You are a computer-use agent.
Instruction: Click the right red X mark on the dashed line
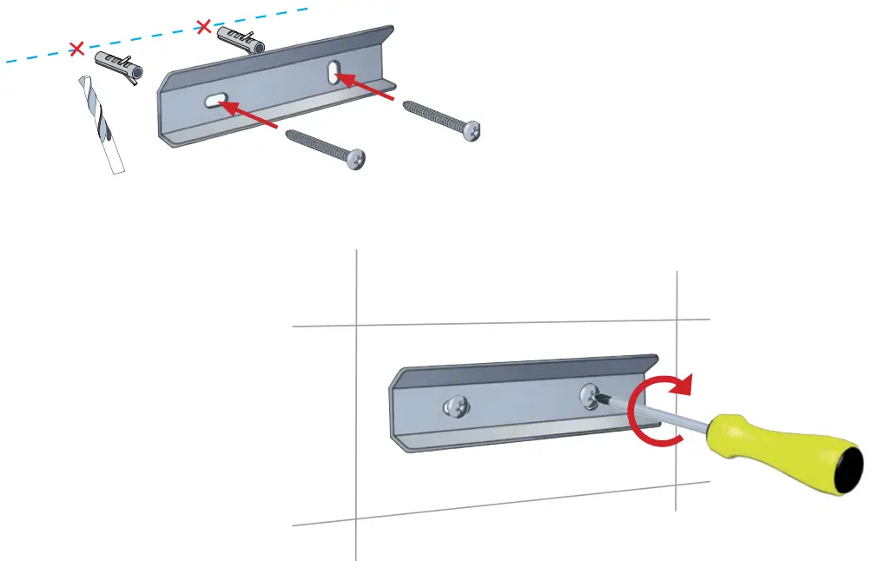[x=204, y=28]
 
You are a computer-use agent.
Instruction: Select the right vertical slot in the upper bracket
[x=334, y=71]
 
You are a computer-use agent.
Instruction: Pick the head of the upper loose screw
[x=472, y=130]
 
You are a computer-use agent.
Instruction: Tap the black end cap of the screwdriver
[x=853, y=472]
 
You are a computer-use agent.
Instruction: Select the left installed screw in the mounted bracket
[x=454, y=404]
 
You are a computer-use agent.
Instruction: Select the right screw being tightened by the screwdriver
[x=591, y=397]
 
